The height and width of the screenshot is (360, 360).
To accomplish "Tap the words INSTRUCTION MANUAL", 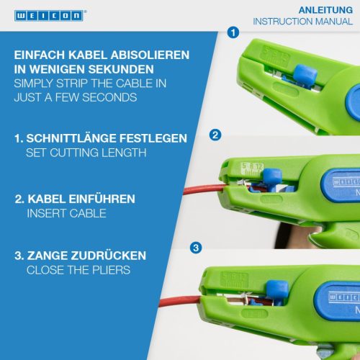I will point(303,22).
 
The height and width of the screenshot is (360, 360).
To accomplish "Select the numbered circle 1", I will point(233,32).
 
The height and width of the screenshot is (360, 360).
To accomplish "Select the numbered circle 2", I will point(215,135).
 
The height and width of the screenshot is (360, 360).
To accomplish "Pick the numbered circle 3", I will point(196,248).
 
